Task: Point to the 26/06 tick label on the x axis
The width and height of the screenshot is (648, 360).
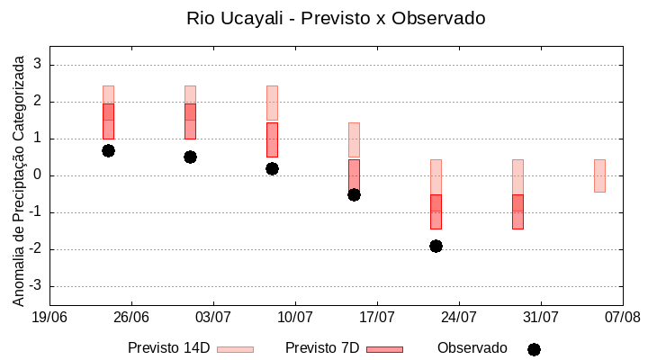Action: pyautogui.click(x=131, y=317)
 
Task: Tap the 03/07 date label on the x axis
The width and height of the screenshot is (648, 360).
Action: pyautogui.click(x=213, y=317)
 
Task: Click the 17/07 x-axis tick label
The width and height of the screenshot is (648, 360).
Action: pyautogui.click(x=377, y=317)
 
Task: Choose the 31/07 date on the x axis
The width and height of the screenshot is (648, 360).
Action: pyautogui.click(x=541, y=317)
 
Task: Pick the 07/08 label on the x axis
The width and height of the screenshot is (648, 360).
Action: pyautogui.click(x=622, y=317)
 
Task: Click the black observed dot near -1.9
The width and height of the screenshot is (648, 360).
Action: pyautogui.click(x=436, y=246)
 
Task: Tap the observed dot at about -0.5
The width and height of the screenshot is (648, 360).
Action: pyautogui.click(x=354, y=194)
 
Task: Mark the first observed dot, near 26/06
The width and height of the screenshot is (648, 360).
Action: pyautogui.click(x=108, y=150)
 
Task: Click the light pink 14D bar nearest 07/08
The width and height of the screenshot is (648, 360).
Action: pyautogui.click(x=599, y=175)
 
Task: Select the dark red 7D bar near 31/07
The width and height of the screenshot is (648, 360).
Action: pyautogui.click(x=517, y=211)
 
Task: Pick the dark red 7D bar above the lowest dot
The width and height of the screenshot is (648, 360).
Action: pyautogui.click(x=436, y=211)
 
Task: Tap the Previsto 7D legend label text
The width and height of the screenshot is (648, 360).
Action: pyautogui.click(x=322, y=348)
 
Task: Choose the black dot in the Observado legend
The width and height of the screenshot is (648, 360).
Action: pyautogui.click(x=534, y=349)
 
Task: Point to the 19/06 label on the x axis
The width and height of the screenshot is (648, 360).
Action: pyautogui.click(x=49, y=317)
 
